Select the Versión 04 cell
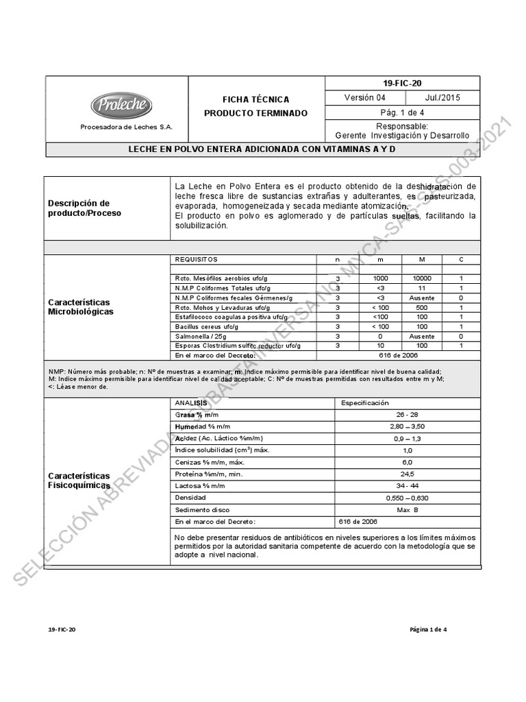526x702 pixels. tap(365, 98)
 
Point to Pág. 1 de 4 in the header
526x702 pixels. tap(402, 112)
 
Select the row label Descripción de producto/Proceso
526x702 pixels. tap(79, 208)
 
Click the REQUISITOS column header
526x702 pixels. tap(196, 260)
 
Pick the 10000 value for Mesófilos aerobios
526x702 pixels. tap(422, 279)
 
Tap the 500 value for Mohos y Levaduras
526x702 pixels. tap(422, 308)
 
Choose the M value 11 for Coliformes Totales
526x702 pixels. tap(422, 289)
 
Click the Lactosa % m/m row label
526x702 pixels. tap(200, 486)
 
